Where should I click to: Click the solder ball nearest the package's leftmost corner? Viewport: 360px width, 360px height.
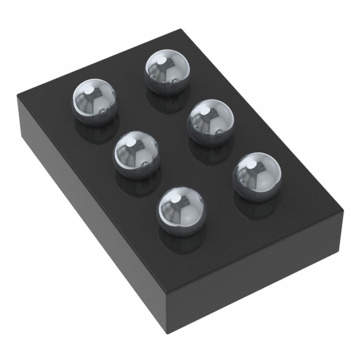click(94, 101)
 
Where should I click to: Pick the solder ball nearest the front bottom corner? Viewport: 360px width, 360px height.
click(181, 211)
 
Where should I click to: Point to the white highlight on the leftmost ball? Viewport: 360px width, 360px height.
click(88, 89)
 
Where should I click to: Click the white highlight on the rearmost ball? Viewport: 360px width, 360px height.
click(161, 60)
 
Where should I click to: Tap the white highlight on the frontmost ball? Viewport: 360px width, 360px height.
click(175, 199)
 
